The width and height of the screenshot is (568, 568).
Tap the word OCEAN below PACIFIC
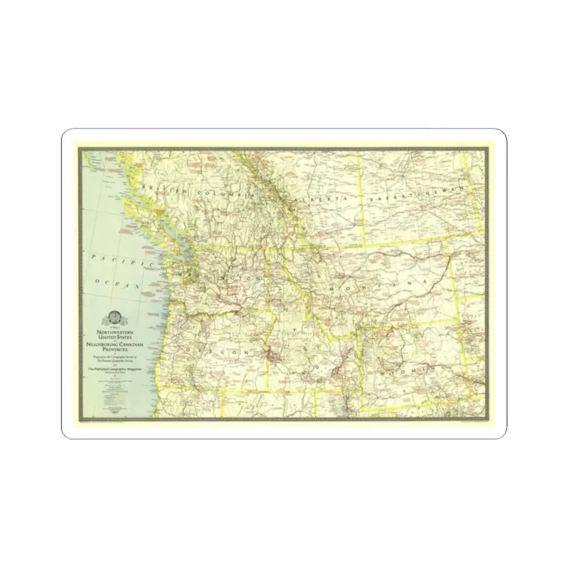coord(118,282)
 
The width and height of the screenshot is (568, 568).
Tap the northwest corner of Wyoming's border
coord(360,328)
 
